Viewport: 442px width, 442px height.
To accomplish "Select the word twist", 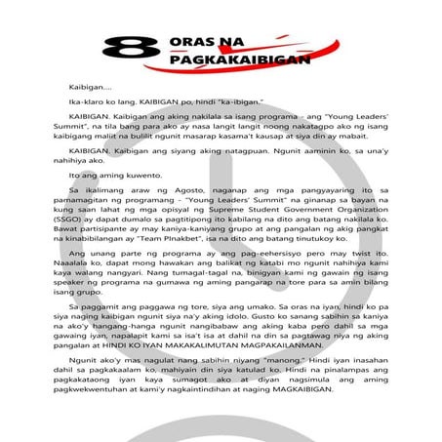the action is click(x=322, y=253).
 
